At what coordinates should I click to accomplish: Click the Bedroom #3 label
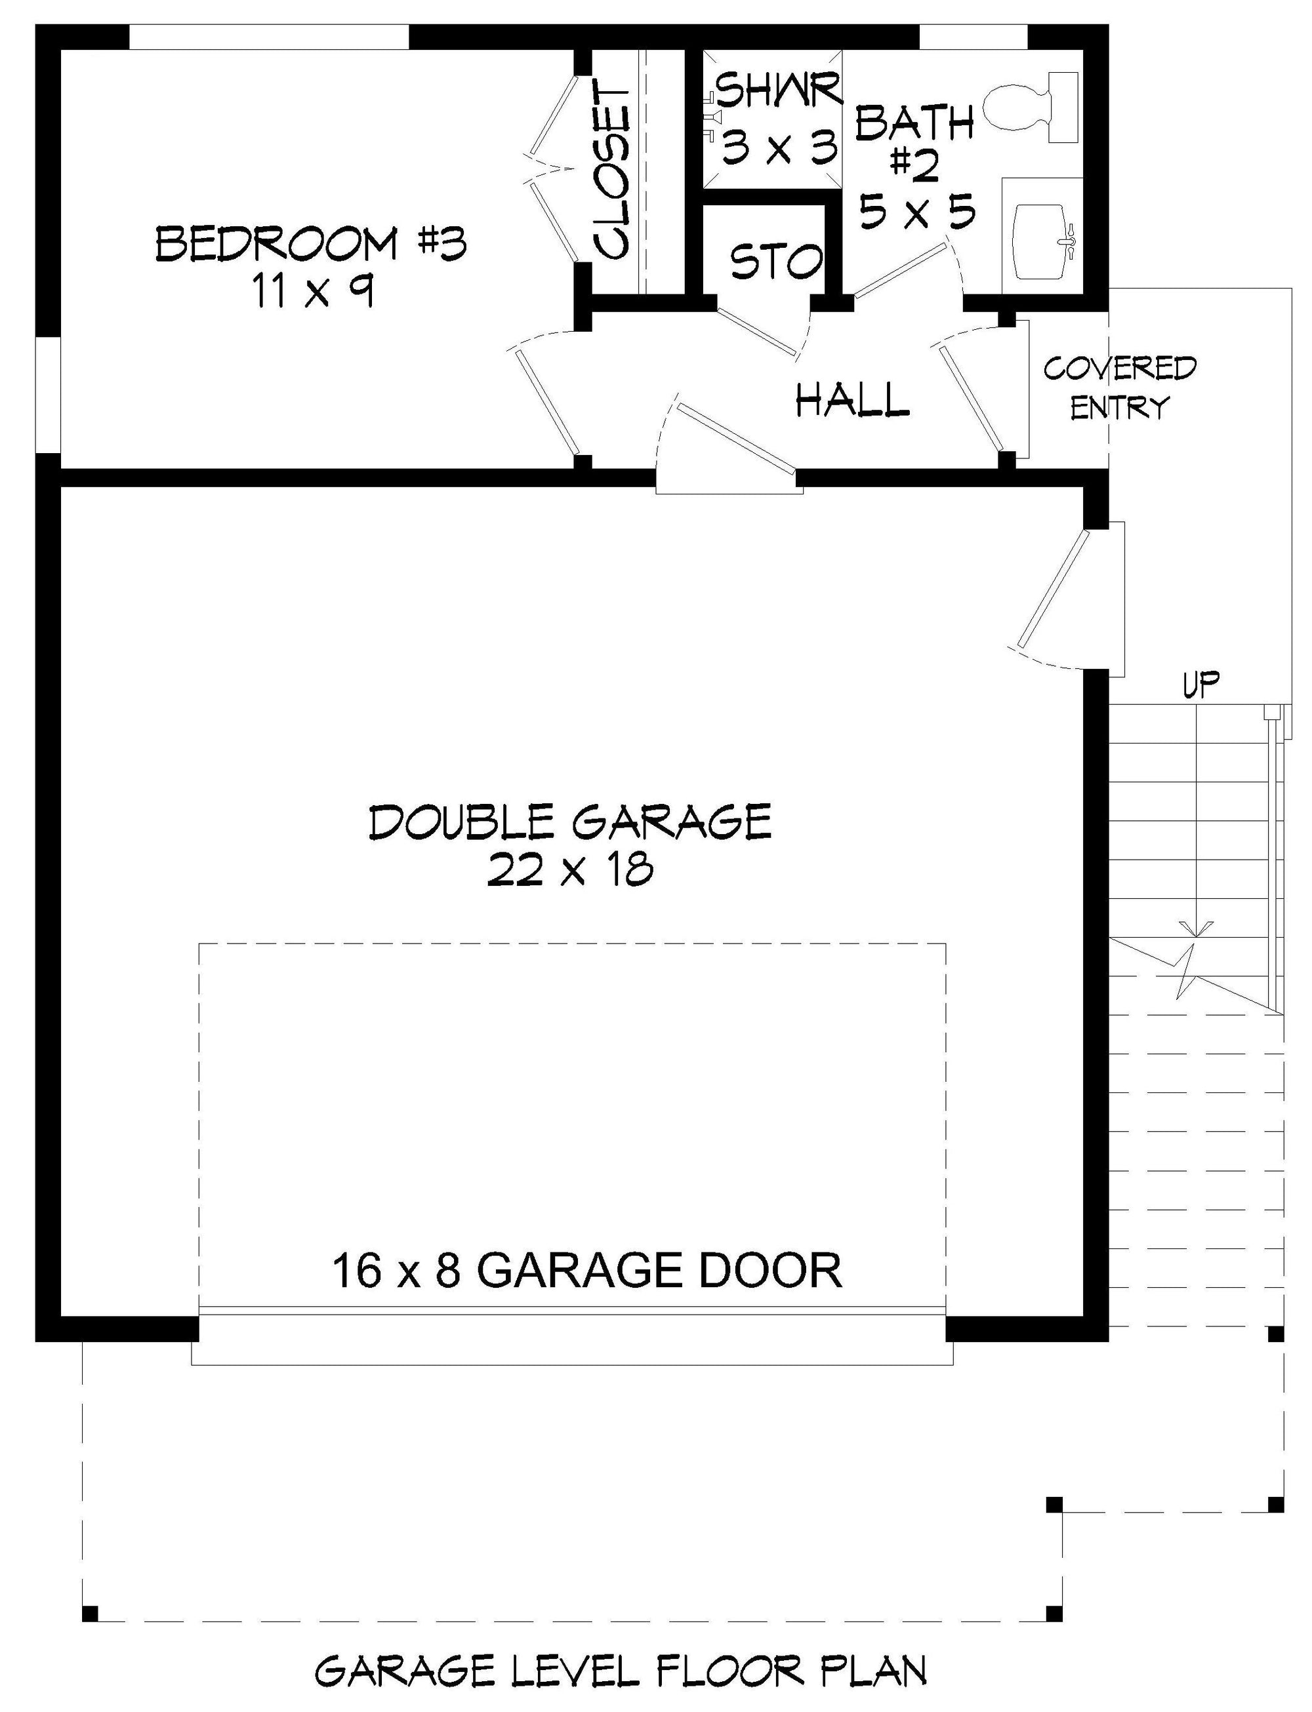click(x=312, y=243)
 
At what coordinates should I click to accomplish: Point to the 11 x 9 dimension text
click(x=312, y=292)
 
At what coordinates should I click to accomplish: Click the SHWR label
click(x=779, y=90)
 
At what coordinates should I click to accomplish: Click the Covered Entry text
click(x=1120, y=388)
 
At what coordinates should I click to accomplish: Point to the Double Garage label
click(x=570, y=822)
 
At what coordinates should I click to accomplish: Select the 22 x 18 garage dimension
click(x=570, y=871)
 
